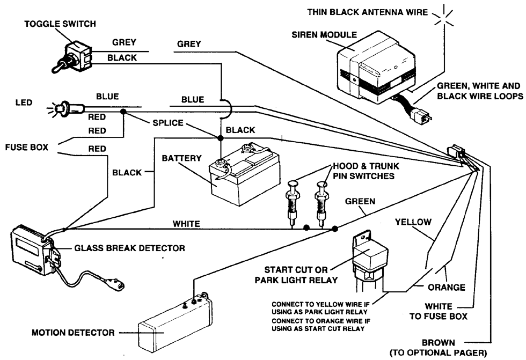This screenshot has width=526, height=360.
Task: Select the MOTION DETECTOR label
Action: (72, 333)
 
